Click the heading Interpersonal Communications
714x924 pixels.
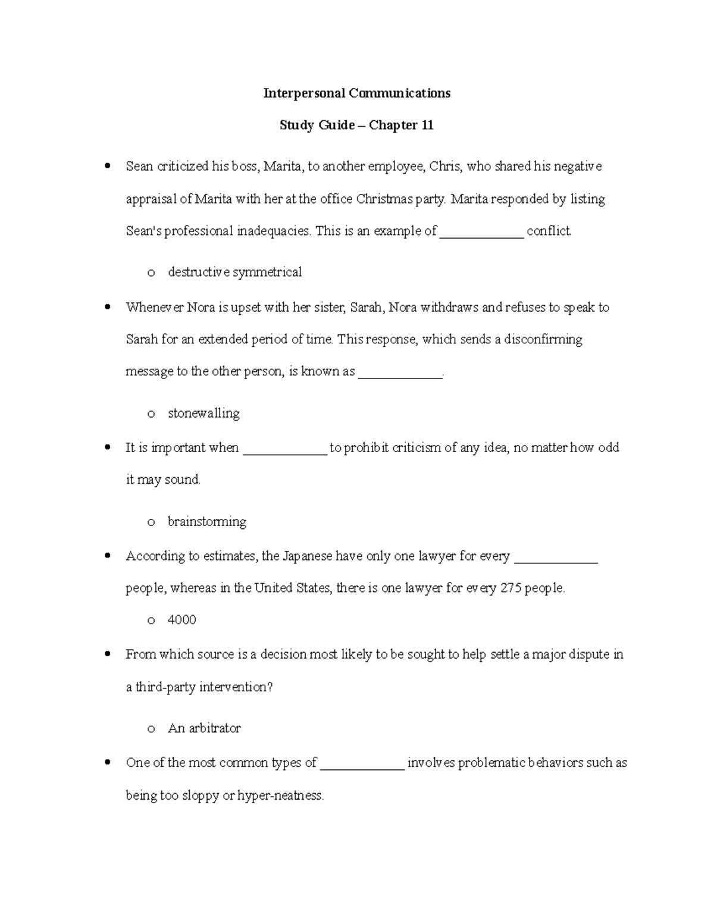coord(357,93)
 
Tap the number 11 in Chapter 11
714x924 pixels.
coord(427,126)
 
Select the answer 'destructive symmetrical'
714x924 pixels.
coord(234,272)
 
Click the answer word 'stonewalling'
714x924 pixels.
coord(203,414)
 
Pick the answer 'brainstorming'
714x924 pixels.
coord(207,522)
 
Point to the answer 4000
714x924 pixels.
coord(182,620)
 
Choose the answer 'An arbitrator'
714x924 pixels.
coord(204,728)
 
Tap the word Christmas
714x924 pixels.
coord(383,199)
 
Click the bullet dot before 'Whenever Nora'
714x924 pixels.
coord(107,308)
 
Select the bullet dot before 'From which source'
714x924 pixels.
coord(107,654)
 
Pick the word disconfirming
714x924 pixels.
coord(543,340)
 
